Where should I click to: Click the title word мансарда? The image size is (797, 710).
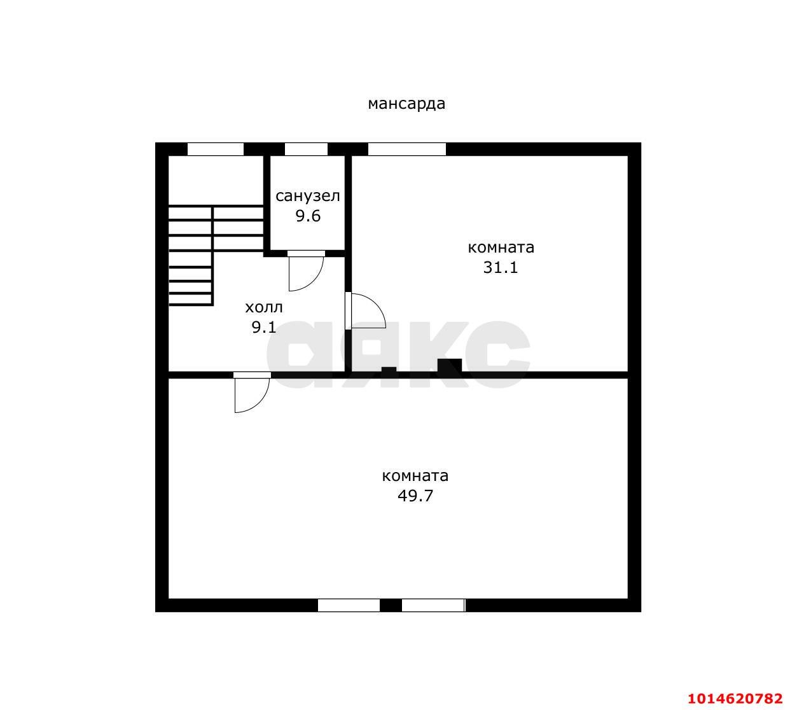click(x=406, y=104)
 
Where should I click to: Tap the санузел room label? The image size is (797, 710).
click(x=307, y=195)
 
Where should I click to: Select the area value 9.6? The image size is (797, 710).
click(x=308, y=216)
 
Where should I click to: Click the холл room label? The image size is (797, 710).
click(x=264, y=307)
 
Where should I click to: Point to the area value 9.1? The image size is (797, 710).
click(x=264, y=327)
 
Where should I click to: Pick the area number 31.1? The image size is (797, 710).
click(x=501, y=267)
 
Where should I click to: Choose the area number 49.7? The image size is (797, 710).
click(x=415, y=496)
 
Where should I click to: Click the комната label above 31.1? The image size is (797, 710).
click(x=501, y=247)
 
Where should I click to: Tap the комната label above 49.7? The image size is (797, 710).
click(x=415, y=476)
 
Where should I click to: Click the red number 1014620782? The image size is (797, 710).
click(x=735, y=698)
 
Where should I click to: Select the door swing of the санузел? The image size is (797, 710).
click(x=306, y=271)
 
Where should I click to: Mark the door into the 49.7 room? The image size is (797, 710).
click(x=252, y=393)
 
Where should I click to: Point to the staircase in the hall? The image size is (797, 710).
click(x=216, y=255)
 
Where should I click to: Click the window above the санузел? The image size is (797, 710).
click(x=306, y=149)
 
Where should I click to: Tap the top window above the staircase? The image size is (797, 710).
click(x=216, y=149)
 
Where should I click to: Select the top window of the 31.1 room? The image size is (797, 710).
click(x=407, y=149)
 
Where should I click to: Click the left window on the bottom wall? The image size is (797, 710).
click(x=349, y=605)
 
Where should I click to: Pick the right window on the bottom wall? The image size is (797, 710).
click(x=434, y=605)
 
